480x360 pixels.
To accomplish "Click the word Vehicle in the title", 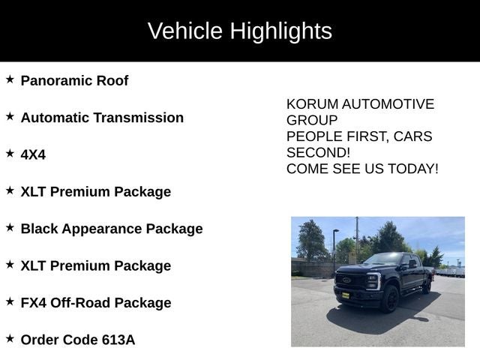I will coord(184,31).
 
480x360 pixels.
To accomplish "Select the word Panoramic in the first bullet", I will coord(56,81).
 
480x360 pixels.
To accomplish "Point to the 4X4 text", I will coord(33,154).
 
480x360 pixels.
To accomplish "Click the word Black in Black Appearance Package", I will coord(40,229).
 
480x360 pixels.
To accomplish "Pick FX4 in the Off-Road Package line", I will coord(34,303).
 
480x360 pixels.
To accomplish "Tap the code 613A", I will coord(118,340).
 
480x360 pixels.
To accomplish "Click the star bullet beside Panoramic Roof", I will coord(10,79).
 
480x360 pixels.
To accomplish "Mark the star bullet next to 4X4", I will coord(10,153).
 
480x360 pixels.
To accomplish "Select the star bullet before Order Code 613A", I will coord(10,338).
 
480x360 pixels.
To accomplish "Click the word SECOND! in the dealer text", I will coord(319,152).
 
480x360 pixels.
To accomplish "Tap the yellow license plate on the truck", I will coord(346,295).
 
